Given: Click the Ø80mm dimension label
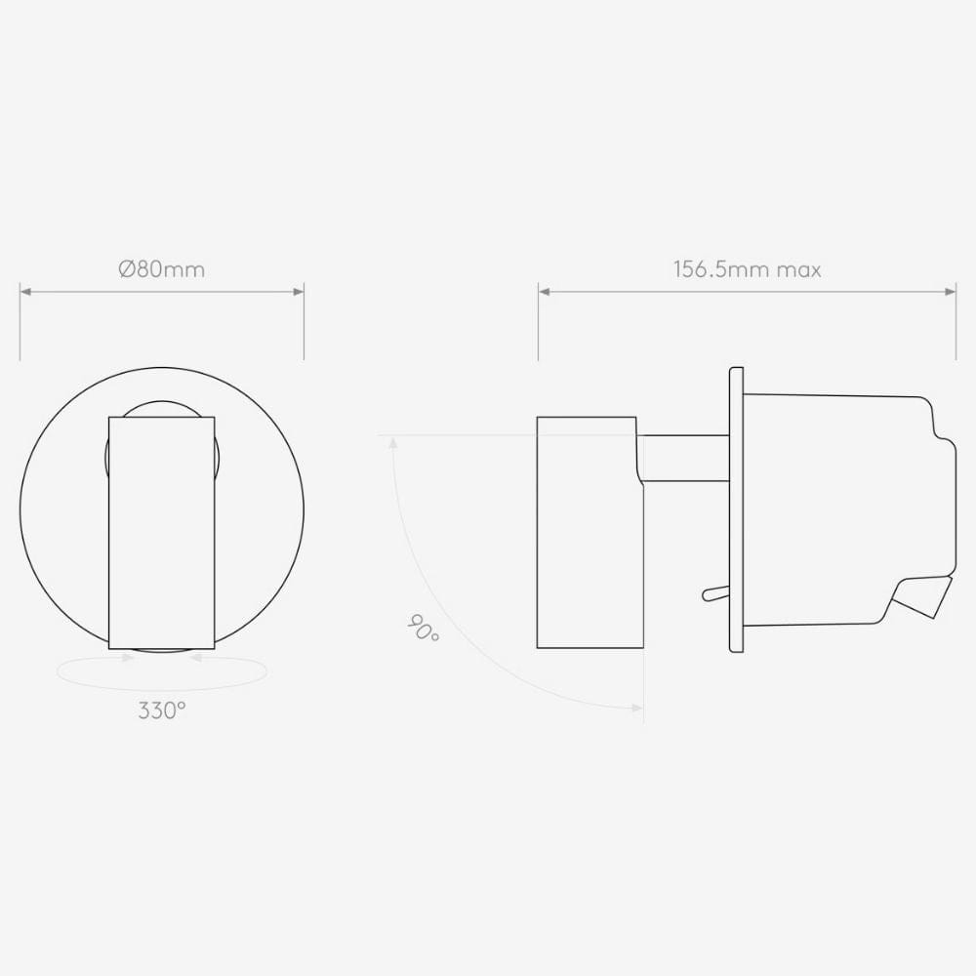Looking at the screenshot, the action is (x=161, y=269).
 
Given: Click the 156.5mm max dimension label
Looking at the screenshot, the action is (x=747, y=269).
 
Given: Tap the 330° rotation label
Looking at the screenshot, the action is (x=162, y=711).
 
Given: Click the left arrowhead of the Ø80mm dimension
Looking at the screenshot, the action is (x=25, y=291).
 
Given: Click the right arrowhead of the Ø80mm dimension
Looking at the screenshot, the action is (x=299, y=291).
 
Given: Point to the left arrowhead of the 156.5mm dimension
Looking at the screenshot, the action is (x=544, y=291).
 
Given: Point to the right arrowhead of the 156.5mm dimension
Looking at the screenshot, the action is (x=951, y=291).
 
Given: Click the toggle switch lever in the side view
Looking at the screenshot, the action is (x=715, y=593).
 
